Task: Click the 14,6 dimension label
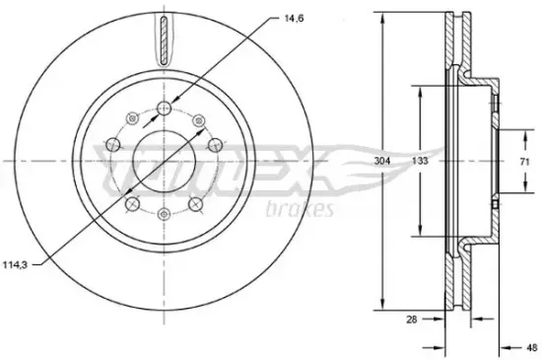tap(294, 19)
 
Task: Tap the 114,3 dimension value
tap(15, 265)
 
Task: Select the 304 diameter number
tap(382, 161)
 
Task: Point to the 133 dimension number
tap(420, 161)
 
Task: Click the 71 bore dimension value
tap(524, 162)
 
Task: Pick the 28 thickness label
tap(412, 320)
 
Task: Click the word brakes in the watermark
tap(300, 208)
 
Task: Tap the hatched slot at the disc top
tap(165, 40)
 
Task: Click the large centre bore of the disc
tap(165, 162)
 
